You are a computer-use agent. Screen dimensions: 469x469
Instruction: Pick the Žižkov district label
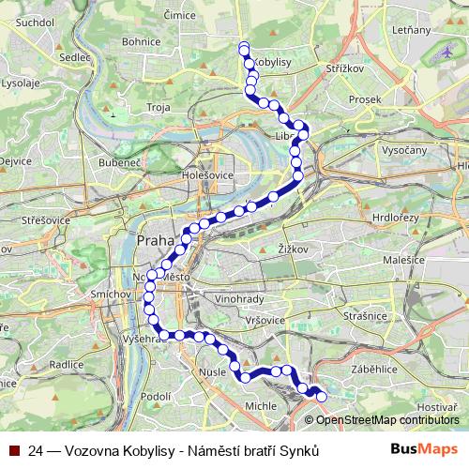294,249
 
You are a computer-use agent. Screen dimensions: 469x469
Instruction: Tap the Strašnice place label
365,316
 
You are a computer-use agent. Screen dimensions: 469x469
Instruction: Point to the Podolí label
155,397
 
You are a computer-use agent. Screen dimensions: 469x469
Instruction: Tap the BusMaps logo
424,449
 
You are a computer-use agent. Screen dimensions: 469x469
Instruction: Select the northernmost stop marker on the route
244,47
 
